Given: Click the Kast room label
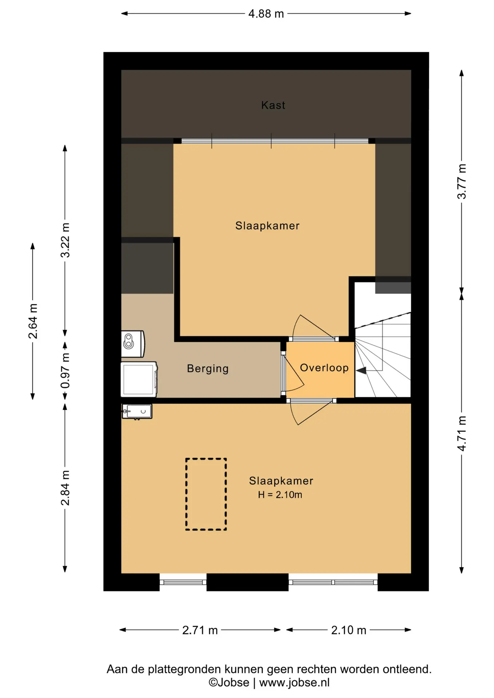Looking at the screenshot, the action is tap(273, 105).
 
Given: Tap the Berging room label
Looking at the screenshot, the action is tap(208, 369).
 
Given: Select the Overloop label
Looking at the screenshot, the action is tap(324, 368).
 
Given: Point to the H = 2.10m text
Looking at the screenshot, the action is tap(280, 495).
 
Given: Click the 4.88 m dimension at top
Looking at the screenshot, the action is tap(266, 14).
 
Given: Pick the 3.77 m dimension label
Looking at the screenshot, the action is tap(462, 181).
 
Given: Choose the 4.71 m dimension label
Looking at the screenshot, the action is tap(462, 434).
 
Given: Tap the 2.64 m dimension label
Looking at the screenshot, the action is tap(33, 321).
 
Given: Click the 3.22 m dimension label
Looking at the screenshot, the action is tap(65, 240).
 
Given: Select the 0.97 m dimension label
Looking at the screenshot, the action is tap(65, 370).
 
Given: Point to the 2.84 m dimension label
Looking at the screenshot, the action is tap(65, 488).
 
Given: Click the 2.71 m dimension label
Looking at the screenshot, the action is tap(200, 630).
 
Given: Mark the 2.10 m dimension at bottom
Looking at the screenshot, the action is tap(348, 630).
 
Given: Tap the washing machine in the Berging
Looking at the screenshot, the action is tap(139, 380).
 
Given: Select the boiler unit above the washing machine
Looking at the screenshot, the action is tap(133, 344).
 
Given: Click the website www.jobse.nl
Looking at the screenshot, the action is tap(294, 683).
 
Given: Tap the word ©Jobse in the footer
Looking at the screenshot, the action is tap(229, 683).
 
